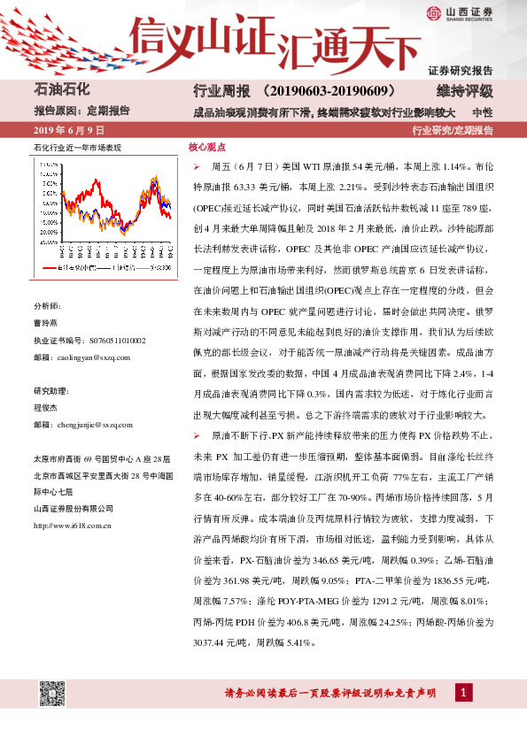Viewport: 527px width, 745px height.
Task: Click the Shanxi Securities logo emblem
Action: (432, 12)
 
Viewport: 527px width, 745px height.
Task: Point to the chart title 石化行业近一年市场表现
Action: (77, 147)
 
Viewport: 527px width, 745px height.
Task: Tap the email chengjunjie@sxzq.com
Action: (94, 400)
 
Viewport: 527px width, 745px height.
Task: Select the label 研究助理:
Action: (50, 366)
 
